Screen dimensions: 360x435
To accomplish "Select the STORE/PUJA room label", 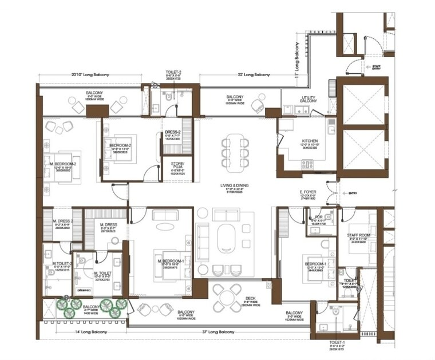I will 177,165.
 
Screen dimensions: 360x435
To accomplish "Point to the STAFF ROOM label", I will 360,235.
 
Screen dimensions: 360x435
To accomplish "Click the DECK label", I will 251,298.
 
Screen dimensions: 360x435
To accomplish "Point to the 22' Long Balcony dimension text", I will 254,75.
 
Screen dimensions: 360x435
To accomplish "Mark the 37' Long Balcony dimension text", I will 219,332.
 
